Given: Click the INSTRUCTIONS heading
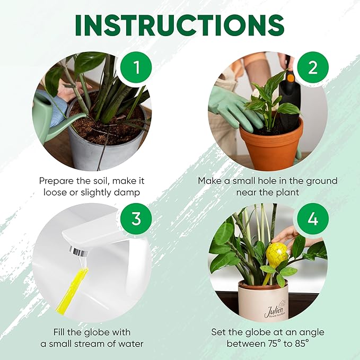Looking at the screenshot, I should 180,24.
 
